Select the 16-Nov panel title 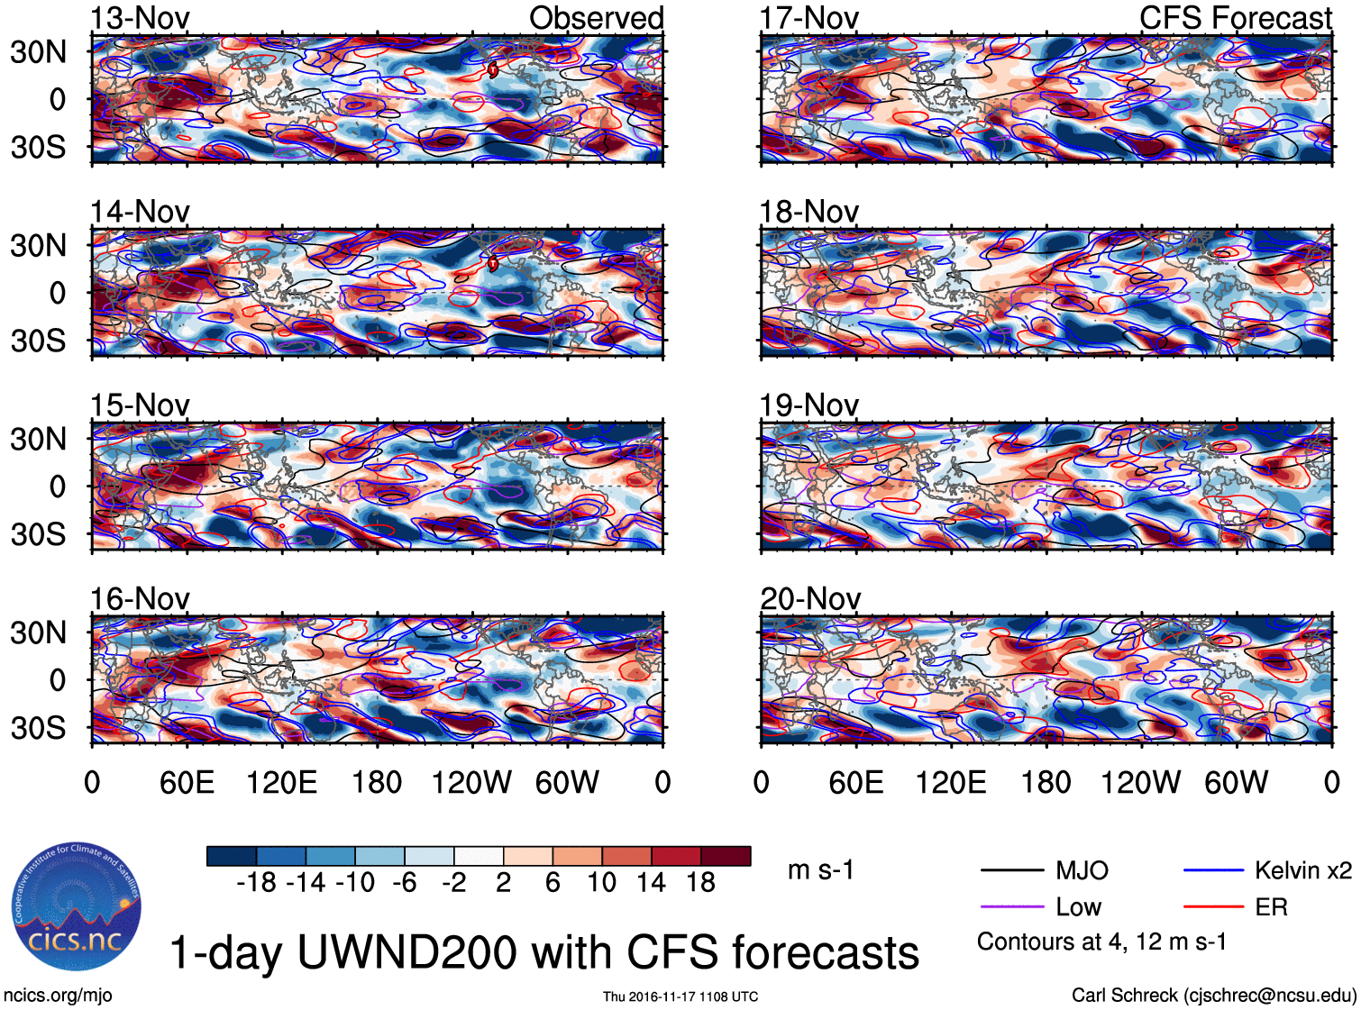click(x=140, y=599)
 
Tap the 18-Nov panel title click(x=808, y=213)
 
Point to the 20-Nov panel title click(x=810, y=599)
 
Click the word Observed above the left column click(x=596, y=18)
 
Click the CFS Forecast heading click(x=1235, y=18)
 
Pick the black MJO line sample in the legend click(x=1012, y=870)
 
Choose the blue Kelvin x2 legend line click(x=1213, y=870)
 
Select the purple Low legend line click(x=1012, y=907)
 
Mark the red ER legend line click(x=1213, y=907)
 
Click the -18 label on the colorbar click(x=256, y=883)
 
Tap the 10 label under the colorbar click(x=601, y=883)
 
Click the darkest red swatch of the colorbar click(x=726, y=856)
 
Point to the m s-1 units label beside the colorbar click(x=820, y=870)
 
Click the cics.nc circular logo click(x=76, y=907)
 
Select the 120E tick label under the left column click(x=281, y=783)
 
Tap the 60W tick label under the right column click(x=1236, y=783)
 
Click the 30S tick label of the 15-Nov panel click(x=38, y=534)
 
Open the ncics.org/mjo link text click(x=58, y=996)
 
